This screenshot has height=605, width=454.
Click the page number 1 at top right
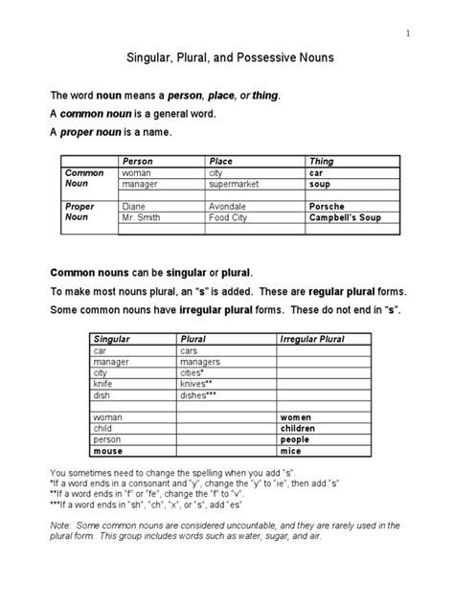[x=407, y=34]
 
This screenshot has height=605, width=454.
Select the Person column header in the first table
[x=135, y=161]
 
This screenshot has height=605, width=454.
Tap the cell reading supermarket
[x=236, y=183]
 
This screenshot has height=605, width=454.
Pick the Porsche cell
[x=327, y=206]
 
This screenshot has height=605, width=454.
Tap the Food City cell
[x=228, y=216]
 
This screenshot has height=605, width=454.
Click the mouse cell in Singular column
[x=109, y=451]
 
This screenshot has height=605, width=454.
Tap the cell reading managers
[x=200, y=362]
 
